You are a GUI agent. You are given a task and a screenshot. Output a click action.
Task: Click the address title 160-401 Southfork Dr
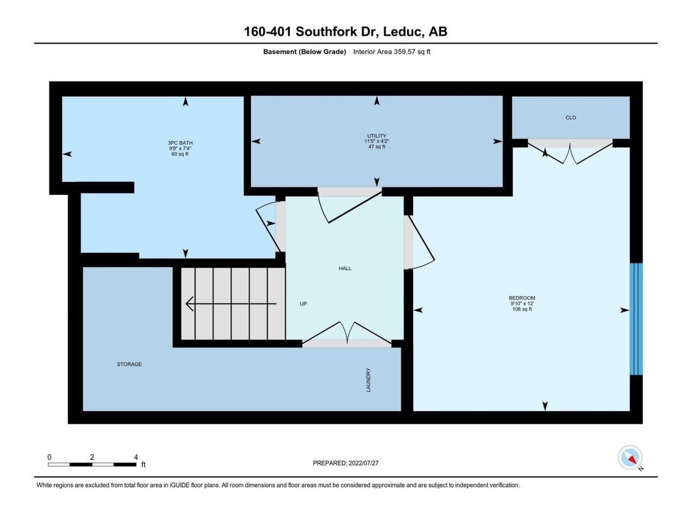[311, 31]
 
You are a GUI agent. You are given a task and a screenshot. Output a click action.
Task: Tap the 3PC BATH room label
[180, 143]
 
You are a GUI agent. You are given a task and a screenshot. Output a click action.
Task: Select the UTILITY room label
[376, 136]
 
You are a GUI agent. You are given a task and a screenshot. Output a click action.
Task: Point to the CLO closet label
[570, 117]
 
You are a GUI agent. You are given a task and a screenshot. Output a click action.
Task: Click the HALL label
[345, 269]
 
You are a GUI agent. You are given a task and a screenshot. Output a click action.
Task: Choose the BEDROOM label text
[522, 298]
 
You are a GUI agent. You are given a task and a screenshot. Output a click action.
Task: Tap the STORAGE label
[129, 364]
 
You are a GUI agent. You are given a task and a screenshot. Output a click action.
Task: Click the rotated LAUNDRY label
[368, 380]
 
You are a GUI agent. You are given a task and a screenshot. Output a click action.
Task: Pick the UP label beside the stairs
[303, 304]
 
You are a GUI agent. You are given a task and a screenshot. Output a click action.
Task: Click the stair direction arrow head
[189, 304]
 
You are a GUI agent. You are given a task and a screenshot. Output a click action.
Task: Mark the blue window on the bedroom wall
[636, 319]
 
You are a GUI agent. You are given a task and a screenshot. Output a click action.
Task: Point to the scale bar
[92, 464]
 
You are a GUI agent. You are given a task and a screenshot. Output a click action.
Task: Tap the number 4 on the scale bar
[136, 457]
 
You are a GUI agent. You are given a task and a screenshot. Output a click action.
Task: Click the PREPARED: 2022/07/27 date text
[345, 463]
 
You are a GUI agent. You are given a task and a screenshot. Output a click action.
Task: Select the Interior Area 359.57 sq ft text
[391, 52]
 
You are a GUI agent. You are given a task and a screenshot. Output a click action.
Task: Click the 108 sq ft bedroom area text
[522, 309]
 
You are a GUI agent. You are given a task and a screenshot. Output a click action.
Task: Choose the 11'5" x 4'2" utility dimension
[376, 141]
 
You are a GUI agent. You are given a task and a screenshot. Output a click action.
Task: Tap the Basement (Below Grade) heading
[304, 52]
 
